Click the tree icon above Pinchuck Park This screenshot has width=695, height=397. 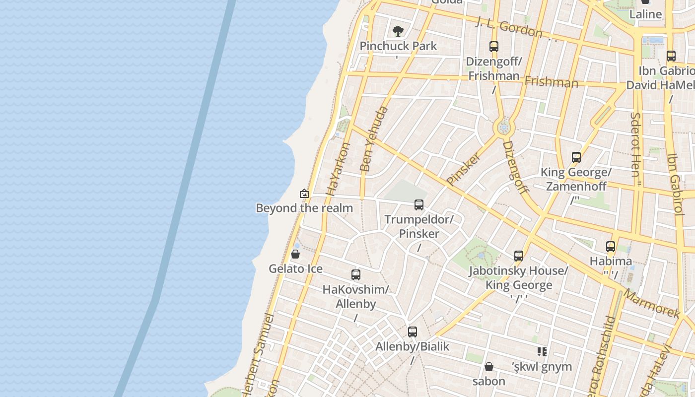(x=398, y=31)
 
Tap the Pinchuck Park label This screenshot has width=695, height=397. (x=398, y=46)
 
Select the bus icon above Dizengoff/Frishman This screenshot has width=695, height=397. (x=493, y=47)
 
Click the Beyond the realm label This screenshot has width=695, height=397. (x=304, y=208)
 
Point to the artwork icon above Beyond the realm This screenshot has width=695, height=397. (x=304, y=194)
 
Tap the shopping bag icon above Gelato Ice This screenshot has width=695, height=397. (x=295, y=255)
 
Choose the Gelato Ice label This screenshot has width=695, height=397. (x=295, y=269)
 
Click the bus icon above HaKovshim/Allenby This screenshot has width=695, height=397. (x=355, y=275)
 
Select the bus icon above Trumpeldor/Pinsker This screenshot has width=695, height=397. (x=419, y=205)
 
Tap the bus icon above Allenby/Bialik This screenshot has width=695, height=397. (x=412, y=332)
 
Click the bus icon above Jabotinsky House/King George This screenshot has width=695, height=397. (x=519, y=256)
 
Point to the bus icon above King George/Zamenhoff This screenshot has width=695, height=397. (x=576, y=158)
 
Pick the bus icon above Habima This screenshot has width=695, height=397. (x=611, y=247)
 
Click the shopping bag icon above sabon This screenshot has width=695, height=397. (x=489, y=367)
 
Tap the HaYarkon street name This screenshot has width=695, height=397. (x=338, y=169)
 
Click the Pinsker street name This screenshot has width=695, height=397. (x=464, y=169)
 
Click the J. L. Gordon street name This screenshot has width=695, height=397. (x=509, y=28)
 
